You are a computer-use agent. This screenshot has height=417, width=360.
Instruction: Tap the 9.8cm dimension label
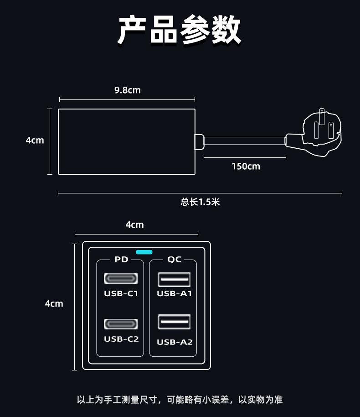[x=127, y=90]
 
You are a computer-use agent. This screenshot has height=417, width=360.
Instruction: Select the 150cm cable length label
[x=246, y=167]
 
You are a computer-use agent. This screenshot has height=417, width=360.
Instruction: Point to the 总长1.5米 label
[x=200, y=202]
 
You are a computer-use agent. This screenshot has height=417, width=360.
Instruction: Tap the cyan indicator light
[x=144, y=252]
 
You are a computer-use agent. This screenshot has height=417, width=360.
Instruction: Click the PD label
[x=121, y=260]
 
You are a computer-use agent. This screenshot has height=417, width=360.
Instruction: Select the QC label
[x=174, y=260]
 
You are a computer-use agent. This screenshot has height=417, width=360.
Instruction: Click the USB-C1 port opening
[x=121, y=278]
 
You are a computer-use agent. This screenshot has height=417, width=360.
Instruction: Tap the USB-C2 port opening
[x=121, y=324]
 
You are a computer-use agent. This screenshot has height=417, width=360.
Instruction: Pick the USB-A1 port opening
[x=174, y=279]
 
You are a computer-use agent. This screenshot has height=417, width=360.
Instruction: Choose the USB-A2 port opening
[x=174, y=322]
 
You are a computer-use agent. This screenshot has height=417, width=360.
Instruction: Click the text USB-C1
[x=121, y=293]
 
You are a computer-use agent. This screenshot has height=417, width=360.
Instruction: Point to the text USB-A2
[x=175, y=342]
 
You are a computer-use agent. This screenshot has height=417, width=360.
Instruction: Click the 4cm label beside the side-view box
[x=35, y=141]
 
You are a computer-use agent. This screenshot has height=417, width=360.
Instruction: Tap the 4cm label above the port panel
[x=134, y=224]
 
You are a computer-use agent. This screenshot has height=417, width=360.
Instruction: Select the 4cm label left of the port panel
[x=54, y=303]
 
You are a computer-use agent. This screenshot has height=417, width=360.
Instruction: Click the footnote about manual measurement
[x=180, y=400]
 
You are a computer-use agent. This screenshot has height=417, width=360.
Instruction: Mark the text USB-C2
[x=121, y=339]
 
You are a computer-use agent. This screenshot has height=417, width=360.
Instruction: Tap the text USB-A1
[x=175, y=293]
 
